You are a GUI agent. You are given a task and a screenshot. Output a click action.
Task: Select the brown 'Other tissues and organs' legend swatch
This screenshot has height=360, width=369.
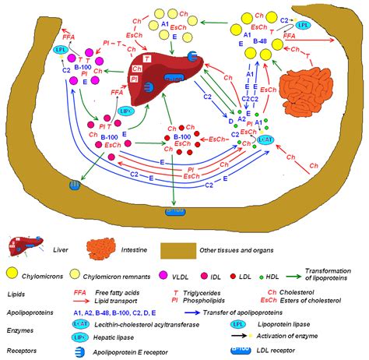pyautogui.click(x=181, y=250)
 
